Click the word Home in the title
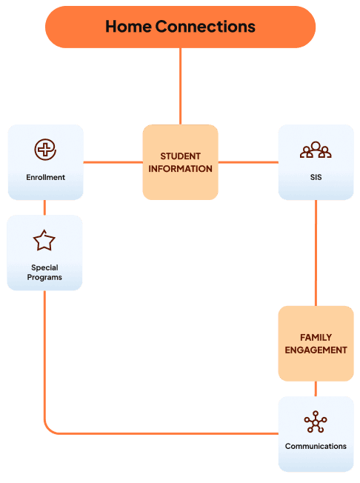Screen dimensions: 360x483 [x=128, y=27]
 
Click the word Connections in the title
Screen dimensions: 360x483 [x=205, y=27]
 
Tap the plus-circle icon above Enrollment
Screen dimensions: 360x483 [x=45, y=150]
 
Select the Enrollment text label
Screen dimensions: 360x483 [x=46, y=178]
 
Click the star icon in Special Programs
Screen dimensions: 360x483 [x=44, y=240]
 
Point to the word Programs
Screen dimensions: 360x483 [x=44, y=278]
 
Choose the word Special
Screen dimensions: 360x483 [x=44, y=267]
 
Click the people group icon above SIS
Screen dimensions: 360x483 [x=316, y=150]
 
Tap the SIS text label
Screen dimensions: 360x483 [x=316, y=178]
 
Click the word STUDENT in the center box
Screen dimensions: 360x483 [x=181, y=156]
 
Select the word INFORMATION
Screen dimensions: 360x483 [x=181, y=169]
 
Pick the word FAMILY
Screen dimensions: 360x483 [x=316, y=338]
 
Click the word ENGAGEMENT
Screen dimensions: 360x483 [x=316, y=350]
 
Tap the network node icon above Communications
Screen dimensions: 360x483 [x=316, y=422]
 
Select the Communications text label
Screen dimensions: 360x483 [x=316, y=447]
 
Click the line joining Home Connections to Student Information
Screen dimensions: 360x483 [x=181, y=86]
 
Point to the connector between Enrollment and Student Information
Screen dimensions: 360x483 [x=113, y=162]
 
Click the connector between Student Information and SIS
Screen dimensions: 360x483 [x=248, y=162]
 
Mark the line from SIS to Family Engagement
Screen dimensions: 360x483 [x=316, y=253]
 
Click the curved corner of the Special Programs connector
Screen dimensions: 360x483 [x=48, y=430]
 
